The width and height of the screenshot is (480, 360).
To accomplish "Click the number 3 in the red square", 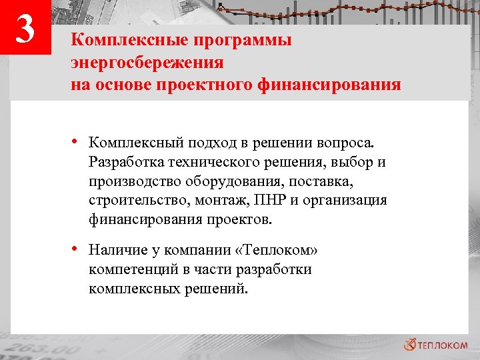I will pyautogui.click(x=25, y=30).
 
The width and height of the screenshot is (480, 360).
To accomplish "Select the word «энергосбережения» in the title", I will pyautogui.click(x=147, y=63).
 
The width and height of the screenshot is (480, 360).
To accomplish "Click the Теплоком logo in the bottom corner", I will pyautogui.click(x=436, y=344).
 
